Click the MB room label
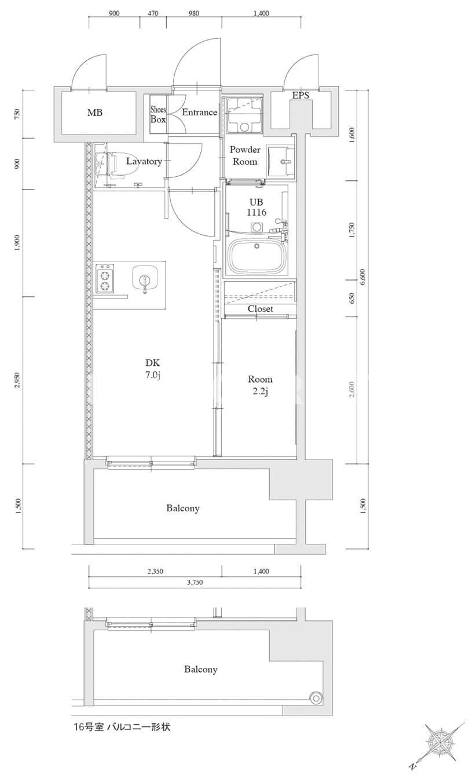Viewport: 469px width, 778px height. pos(95,112)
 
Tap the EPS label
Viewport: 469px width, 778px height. pos(301,95)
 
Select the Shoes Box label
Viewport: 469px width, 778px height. pos(158,115)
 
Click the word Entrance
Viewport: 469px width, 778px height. pos(199,112)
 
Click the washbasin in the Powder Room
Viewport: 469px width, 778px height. pos(280,161)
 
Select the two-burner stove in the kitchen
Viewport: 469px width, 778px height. pos(105,278)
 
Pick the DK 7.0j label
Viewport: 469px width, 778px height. pos(153,369)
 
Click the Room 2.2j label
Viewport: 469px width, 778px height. pos(260,385)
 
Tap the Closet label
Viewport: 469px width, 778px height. pos(260,309)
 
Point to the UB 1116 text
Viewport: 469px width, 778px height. pos(257,207)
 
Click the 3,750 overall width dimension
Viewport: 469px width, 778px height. pos(195,583)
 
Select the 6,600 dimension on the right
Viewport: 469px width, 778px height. pos(362,277)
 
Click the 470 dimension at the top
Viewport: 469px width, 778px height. pos(153,13)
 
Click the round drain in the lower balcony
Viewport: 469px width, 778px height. pos(316,698)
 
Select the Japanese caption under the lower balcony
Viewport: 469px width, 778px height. pos(122,726)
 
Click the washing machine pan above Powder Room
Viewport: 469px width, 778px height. pos(244,115)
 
